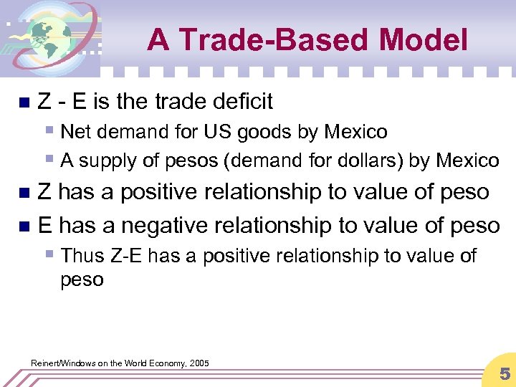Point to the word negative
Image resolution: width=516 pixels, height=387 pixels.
point(163,225)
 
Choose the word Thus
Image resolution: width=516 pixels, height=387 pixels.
point(82,256)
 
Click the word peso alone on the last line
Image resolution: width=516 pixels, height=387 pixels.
point(82,279)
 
